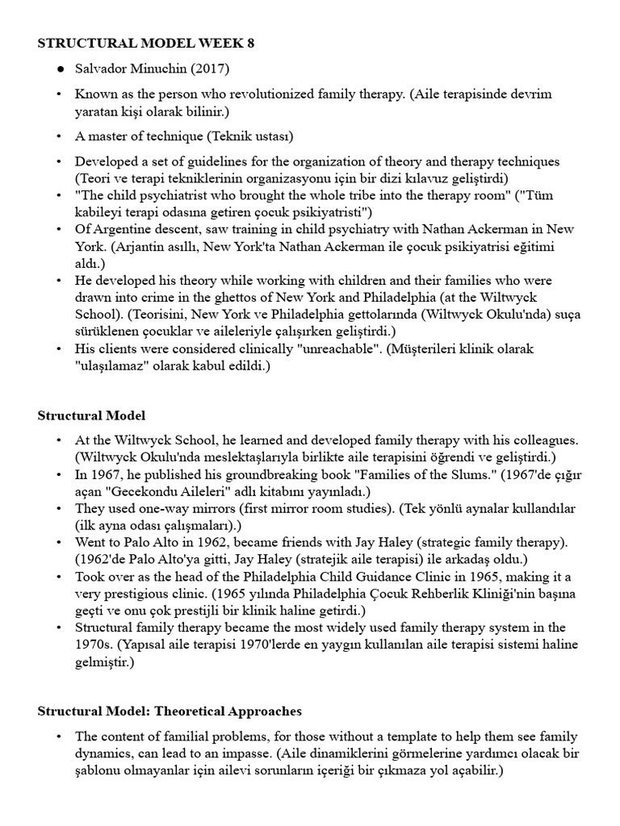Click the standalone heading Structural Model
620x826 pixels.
[91, 415]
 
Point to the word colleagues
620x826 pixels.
[545, 440]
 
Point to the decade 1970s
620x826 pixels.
[95, 644]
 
